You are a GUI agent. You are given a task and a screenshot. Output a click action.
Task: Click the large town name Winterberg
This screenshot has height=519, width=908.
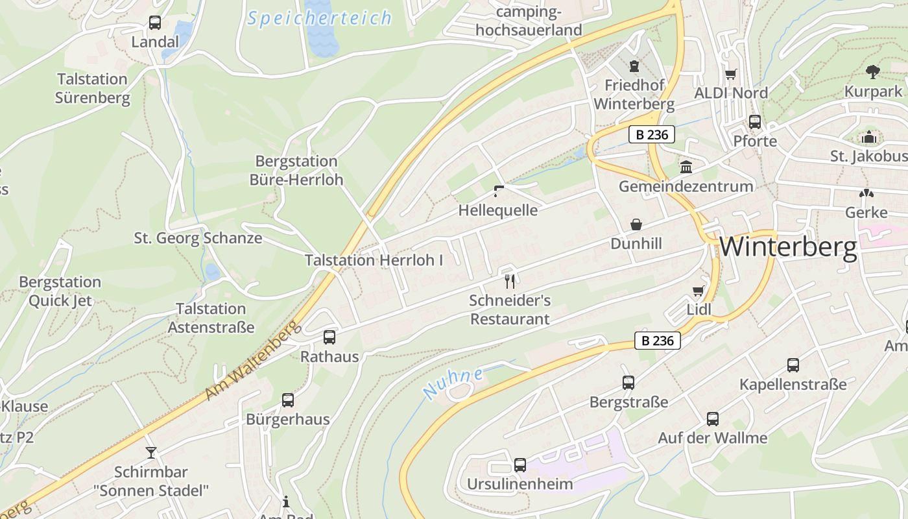coord(788,247)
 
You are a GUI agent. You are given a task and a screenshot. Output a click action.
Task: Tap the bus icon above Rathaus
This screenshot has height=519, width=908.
coord(329,337)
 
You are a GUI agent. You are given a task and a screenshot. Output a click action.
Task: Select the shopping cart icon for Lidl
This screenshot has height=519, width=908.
coord(699,291)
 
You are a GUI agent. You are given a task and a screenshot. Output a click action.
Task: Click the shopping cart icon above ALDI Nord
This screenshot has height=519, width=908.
coord(731,74)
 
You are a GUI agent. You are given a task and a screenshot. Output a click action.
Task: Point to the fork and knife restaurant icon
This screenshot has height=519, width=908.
coord(510,281)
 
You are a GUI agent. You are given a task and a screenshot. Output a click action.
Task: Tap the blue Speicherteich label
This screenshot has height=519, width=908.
coord(320,18)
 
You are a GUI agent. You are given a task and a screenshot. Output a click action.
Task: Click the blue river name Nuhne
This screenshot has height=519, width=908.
coord(453,383)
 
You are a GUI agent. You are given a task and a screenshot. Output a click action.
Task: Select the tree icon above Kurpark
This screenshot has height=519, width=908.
coord(873,72)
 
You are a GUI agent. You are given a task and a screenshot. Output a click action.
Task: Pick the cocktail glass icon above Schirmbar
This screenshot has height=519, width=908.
coord(151,452)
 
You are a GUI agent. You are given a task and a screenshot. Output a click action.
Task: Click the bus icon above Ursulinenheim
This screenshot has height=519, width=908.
coord(520,465)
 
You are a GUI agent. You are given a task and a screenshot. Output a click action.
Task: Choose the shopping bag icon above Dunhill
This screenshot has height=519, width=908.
coord(636,224)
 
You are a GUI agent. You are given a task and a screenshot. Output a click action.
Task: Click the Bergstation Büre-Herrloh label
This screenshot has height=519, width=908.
coord(296,170)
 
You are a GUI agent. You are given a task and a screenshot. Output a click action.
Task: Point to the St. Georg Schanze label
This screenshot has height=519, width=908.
coord(198,238)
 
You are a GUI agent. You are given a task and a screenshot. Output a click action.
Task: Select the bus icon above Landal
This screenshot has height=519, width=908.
coord(155,23)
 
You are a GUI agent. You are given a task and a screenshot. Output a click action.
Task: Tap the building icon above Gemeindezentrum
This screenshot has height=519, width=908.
coord(686,167)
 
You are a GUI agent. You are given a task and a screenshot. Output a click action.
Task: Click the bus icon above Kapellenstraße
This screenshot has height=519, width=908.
coord(793,365)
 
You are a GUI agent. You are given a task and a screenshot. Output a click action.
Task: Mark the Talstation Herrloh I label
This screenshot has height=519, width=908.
coord(374,261)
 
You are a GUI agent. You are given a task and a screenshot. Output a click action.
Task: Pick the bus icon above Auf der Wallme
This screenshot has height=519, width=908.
coord(713,419)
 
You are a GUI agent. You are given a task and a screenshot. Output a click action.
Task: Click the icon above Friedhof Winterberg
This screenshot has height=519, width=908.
coord(634,66)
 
